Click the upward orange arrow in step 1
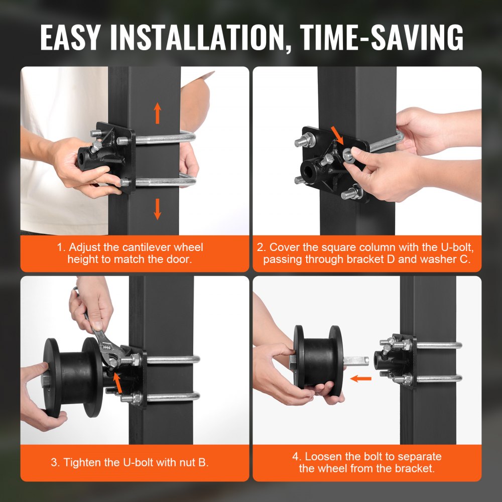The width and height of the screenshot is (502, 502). point(158,113)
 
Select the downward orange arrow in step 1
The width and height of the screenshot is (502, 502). point(158,208)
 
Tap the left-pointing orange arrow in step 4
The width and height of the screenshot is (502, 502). point(360,378)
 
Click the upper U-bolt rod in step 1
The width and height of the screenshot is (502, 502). point(163,137)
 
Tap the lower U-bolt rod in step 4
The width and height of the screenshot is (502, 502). point(437,378)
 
